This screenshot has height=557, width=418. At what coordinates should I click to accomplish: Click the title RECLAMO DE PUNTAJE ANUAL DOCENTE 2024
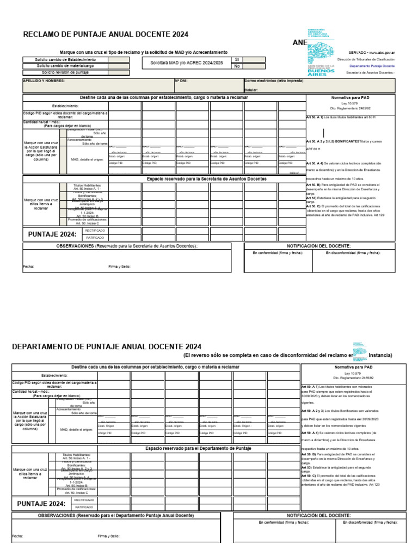click(x=106, y=34)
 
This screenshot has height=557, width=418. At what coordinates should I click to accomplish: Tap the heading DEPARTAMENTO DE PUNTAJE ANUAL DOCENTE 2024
click(x=107, y=346)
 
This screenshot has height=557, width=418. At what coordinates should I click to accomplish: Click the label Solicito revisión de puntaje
click(x=65, y=72)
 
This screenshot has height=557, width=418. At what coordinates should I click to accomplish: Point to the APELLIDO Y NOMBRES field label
click(x=44, y=81)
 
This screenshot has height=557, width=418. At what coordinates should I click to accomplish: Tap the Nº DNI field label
click(x=181, y=81)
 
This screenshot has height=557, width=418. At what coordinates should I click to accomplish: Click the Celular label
click(x=251, y=90)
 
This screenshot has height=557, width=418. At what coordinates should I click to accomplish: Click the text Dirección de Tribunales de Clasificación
click(x=366, y=59)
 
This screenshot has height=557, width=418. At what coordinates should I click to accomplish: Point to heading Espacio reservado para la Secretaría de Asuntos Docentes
click(x=207, y=178)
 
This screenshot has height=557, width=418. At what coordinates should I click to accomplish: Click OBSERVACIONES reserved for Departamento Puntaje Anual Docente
click(x=115, y=515)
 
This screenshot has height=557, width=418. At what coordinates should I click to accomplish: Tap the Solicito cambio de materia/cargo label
click(x=65, y=66)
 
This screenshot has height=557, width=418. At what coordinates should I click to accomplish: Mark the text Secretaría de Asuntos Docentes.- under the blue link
click(x=370, y=72)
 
